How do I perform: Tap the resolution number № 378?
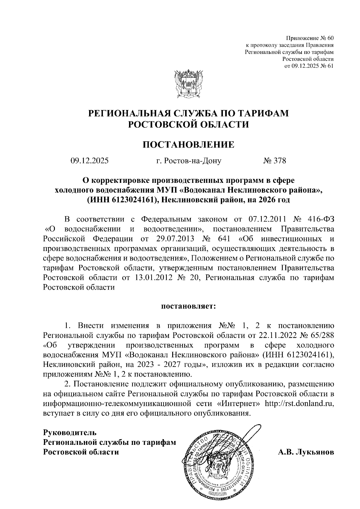pos(274,161)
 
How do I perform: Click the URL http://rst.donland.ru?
pos(299,403)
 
